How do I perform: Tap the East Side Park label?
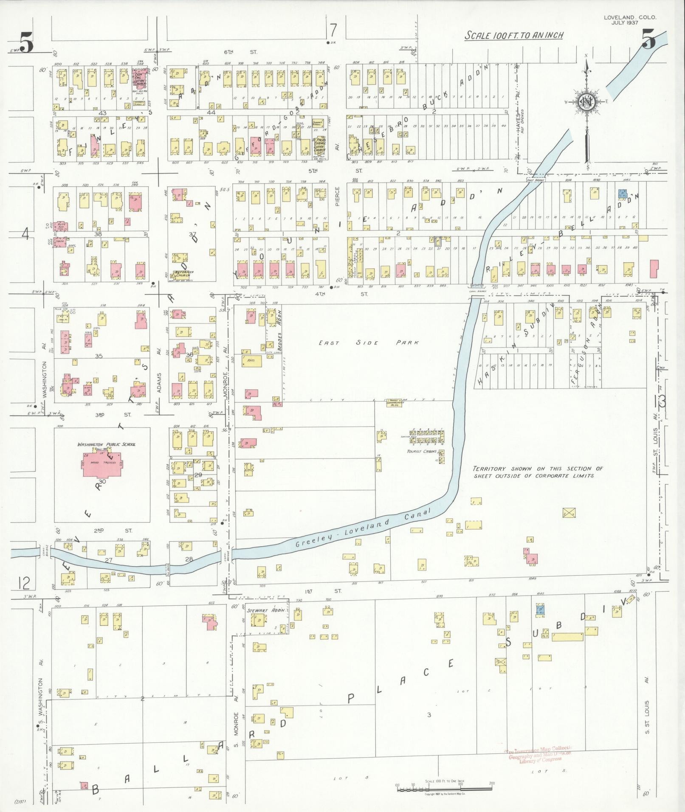point(369,343)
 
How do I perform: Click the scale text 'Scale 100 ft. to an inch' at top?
point(513,35)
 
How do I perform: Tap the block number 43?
point(102,113)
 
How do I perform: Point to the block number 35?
point(99,356)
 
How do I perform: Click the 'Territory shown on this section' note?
point(538,472)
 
